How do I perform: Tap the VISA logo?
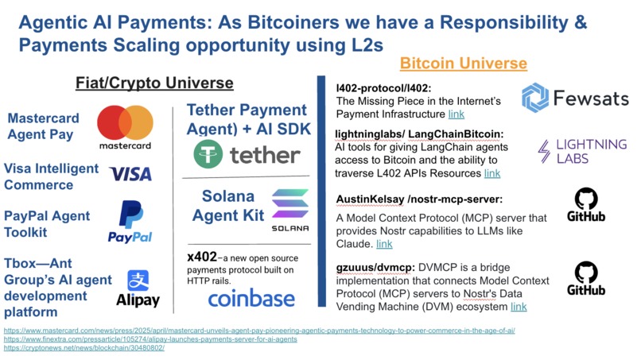point(130,174)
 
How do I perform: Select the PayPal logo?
point(130,222)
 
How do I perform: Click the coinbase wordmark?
point(251,298)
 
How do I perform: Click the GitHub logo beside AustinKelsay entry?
point(586,205)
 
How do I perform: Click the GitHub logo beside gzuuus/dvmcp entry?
point(586,277)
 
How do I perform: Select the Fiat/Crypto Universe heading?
point(154,83)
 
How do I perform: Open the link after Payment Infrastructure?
point(456,115)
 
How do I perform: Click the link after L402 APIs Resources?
point(492,172)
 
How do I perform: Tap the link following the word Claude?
point(384,244)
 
